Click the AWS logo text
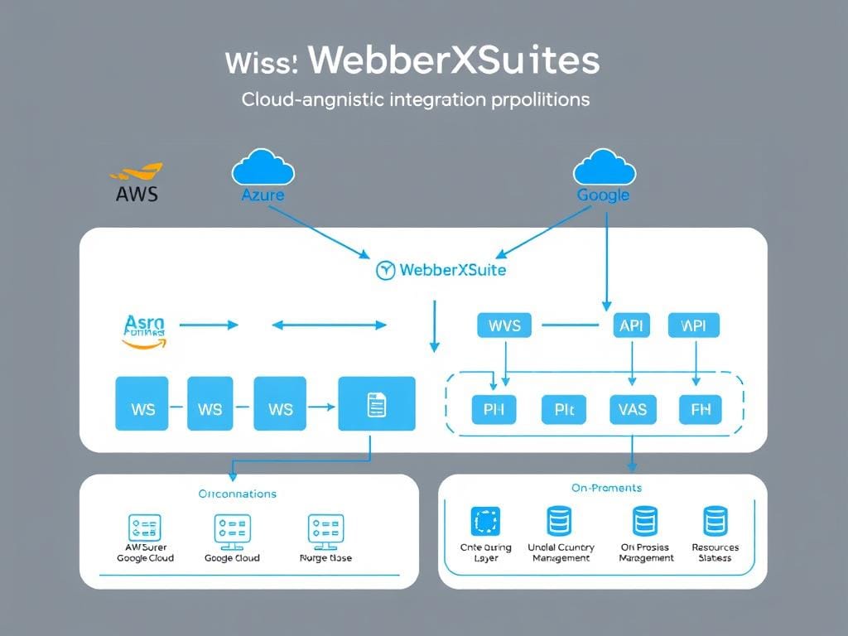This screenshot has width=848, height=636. (137, 194)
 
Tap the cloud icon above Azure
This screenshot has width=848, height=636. (263, 168)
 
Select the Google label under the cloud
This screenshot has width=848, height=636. (603, 195)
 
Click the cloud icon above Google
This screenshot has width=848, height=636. (604, 167)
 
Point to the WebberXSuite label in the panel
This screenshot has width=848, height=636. (452, 270)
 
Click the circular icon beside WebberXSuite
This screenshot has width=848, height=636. (385, 270)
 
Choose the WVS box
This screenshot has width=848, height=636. (504, 325)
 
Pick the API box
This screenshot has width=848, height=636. (631, 325)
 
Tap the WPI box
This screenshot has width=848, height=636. (693, 325)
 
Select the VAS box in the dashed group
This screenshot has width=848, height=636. (633, 408)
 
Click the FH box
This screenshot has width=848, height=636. (700, 408)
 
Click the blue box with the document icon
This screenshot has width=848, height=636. (377, 404)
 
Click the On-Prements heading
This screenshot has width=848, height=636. (606, 488)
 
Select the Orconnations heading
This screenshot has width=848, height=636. (237, 494)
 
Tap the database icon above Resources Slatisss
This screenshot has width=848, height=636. (715, 522)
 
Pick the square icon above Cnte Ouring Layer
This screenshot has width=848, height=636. (485, 522)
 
